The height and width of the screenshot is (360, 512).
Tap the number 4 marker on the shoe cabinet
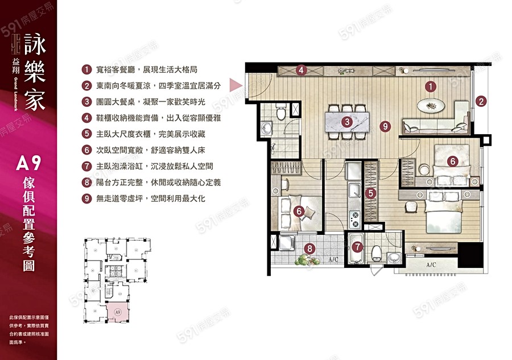pos(302,71)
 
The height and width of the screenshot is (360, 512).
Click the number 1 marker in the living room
pos(431,87)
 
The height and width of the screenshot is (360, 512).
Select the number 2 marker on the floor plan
pos(481,102)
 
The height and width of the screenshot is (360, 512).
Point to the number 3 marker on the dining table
pos(346,122)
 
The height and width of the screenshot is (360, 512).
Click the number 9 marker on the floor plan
pos(386,126)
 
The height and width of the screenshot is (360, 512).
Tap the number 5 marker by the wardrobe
pos(370,193)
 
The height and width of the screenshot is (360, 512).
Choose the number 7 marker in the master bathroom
pos(357,247)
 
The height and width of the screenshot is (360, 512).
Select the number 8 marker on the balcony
pos(309,248)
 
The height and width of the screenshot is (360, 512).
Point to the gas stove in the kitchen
pos(354,217)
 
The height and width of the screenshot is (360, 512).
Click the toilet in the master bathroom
pos(376,253)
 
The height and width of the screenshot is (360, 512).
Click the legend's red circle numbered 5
pos(86,134)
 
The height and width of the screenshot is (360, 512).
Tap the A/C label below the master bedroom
pos(432,266)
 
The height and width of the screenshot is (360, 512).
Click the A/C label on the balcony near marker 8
pos(333,260)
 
